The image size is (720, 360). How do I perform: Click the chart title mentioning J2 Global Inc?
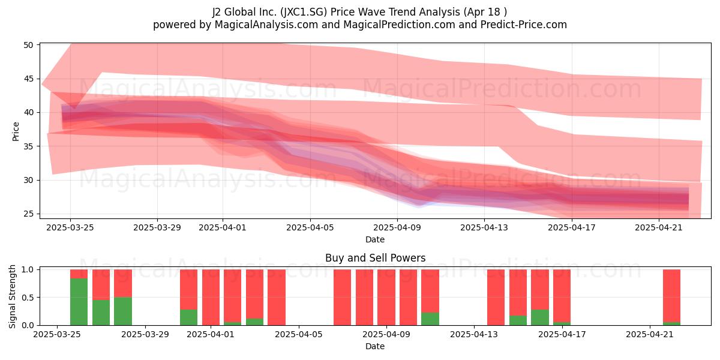point(359,12)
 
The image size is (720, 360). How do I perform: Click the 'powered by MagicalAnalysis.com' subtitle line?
point(359,25)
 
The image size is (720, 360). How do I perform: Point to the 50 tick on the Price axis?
point(29,45)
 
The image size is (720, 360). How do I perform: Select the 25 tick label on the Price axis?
point(29,214)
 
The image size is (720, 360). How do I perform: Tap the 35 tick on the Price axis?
point(29,146)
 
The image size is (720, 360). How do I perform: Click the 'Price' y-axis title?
point(16,131)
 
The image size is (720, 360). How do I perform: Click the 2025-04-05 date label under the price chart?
point(310,227)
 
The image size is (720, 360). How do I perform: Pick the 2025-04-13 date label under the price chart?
point(484,227)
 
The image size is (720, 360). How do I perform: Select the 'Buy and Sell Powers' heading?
point(375,258)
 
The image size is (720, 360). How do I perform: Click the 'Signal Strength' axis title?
point(12,296)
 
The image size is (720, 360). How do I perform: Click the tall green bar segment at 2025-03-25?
point(79,301)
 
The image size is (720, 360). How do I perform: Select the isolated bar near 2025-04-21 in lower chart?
point(672,298)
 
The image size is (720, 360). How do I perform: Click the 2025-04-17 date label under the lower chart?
point(562,334)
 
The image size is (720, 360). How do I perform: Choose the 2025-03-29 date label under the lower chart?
point(145,334)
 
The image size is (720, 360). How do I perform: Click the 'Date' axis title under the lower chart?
point(375,346)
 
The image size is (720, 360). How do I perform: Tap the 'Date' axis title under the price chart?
point(375,239)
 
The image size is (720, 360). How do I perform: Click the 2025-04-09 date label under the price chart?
point(397,227)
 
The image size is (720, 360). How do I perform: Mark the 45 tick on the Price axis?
point(29,79)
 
